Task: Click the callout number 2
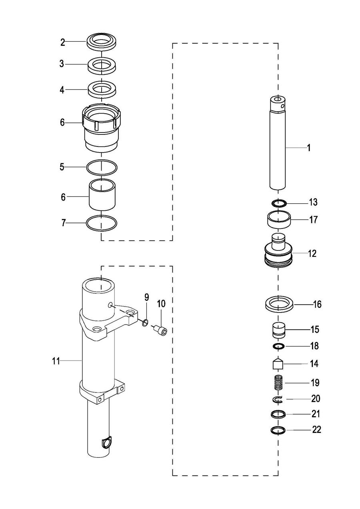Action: pos(63,42)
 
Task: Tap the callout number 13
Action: pos(313,202)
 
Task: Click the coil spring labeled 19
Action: pos(278,383)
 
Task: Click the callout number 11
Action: pos(56,361)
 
